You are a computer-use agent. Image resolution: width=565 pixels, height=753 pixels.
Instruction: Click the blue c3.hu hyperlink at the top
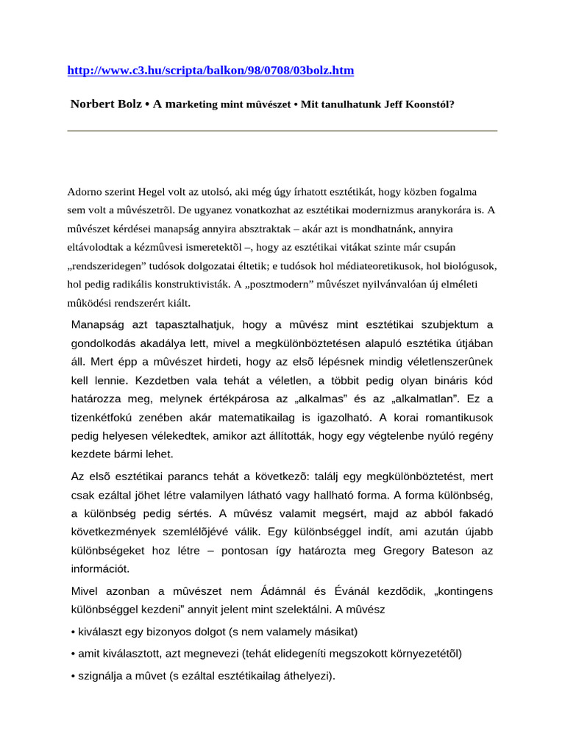[210, 71]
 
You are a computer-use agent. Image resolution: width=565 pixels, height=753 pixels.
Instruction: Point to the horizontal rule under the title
[282, 131]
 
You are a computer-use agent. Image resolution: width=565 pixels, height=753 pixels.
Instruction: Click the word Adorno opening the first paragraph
[86, 191]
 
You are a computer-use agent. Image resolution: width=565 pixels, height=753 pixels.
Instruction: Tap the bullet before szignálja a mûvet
[74, 674]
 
